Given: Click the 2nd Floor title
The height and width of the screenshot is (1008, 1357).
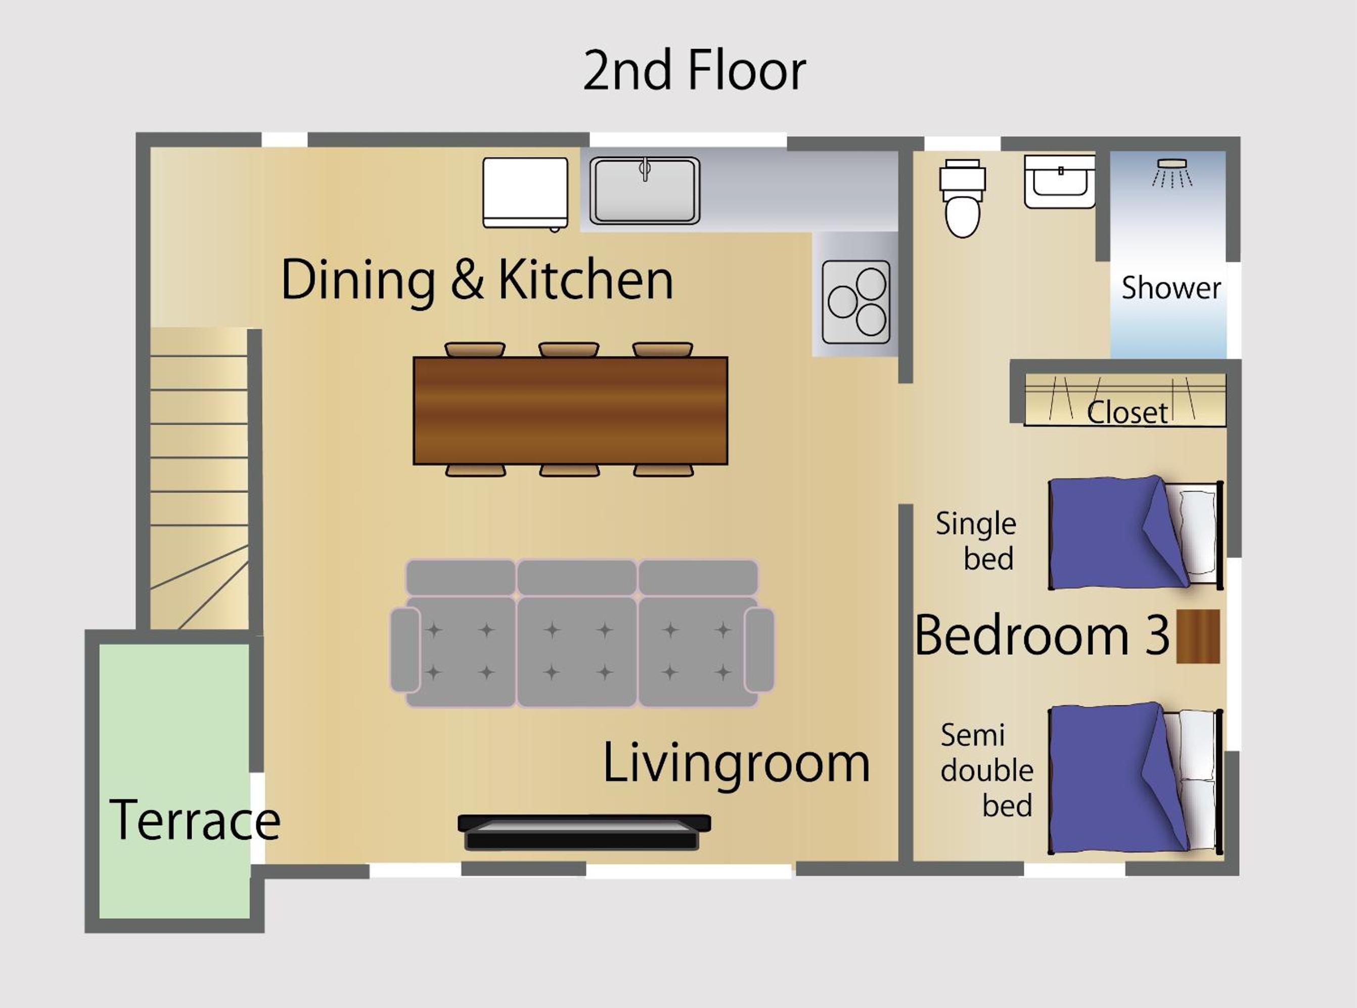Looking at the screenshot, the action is click(695, 71).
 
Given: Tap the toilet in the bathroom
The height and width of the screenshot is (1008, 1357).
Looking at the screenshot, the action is click(963, 198).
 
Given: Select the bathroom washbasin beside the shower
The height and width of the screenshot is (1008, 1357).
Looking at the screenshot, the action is click(1059, 181).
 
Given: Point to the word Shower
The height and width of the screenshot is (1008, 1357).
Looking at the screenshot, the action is click(1171, 288).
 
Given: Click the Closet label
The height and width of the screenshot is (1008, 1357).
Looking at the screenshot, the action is click(1127, 412).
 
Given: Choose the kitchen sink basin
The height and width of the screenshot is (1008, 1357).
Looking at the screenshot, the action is click(645, 191).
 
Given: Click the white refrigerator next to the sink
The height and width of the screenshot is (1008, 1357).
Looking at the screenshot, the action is click(525, 194).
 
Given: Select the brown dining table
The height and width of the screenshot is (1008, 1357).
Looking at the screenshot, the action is click(570, 411).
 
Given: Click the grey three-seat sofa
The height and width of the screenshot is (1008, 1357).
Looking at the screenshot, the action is click(582, 634).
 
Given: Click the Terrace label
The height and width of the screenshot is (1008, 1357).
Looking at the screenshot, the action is click(195, 820).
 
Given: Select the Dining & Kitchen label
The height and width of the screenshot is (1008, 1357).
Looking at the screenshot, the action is click(477, 280).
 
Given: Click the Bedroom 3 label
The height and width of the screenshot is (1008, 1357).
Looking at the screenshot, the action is click(1042, 635).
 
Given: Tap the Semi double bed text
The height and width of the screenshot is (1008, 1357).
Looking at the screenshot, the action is click(987, 770).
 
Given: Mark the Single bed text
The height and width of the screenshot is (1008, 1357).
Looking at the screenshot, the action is click(976, 541).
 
